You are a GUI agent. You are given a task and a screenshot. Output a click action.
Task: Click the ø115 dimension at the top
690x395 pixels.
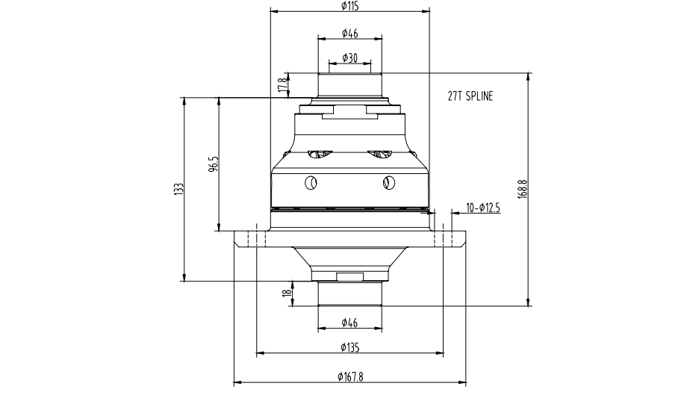[x=349, y=6]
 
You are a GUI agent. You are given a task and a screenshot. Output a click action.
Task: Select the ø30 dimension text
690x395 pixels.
[x=349, y=58]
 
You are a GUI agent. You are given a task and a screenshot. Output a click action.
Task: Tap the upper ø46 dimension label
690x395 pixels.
[x=349, y=33]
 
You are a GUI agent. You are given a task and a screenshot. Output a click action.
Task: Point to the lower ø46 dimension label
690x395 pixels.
[x=349, y=323]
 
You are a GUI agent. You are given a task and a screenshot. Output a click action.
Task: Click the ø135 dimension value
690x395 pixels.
[x=349, y=347]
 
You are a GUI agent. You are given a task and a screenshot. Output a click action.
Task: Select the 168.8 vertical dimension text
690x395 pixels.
[x=522, y=189]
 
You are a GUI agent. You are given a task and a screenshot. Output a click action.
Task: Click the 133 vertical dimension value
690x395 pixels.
[x=178, y=189]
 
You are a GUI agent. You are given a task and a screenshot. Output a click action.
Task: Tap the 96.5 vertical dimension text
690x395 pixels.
[x=213, y=164]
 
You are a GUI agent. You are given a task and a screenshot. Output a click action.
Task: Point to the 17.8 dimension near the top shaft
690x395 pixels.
[x=282, y=85]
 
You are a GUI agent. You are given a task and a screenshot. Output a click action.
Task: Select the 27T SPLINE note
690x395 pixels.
[x=470, y=96]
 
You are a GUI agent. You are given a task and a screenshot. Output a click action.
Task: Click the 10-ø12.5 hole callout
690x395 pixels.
[x=482, y=207]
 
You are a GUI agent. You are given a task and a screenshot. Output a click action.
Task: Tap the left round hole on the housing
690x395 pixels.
[x=311, y=181]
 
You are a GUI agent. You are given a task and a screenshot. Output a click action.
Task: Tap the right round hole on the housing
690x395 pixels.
[x=388, y=181]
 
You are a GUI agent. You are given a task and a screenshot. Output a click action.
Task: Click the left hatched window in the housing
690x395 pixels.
[x=317, y=154]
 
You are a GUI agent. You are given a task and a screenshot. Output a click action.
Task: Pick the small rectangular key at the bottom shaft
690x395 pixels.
[x=349, y=277]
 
